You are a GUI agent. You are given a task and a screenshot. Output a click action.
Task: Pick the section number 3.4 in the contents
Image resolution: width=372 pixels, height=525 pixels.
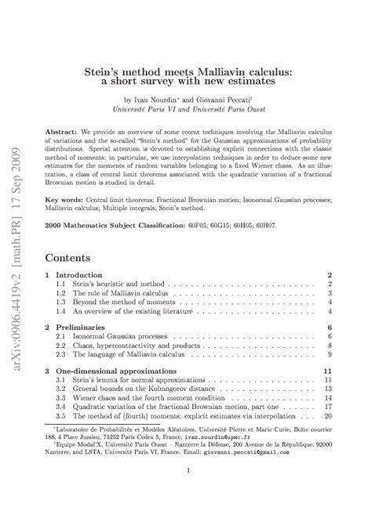[60, 406]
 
